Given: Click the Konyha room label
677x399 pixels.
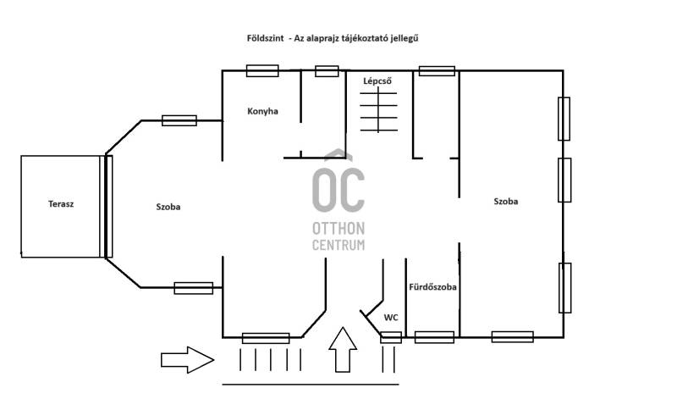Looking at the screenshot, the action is coord(262,111).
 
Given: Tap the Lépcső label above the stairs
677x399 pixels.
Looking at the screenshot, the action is coord(377,80).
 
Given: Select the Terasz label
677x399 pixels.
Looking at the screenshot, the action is coord(61,203).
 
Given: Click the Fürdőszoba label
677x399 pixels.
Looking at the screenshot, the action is coord(432,286).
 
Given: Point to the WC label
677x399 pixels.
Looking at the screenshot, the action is coord(391,318).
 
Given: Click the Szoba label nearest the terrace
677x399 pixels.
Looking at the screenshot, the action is coord(168,207).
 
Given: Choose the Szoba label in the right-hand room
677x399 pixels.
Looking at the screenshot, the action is coord(505,201).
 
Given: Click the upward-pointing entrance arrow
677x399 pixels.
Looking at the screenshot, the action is coord(343,349).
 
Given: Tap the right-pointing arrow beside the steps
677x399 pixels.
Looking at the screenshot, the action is coord(187,360).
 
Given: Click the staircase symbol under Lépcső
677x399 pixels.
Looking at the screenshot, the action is coord(378,110).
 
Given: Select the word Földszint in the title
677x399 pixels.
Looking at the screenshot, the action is coord(266,38).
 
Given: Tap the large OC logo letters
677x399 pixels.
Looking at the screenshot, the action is coord(338,190).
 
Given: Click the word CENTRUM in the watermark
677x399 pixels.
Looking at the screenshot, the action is coord(338,245).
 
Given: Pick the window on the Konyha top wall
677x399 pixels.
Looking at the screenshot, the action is coord(262,71).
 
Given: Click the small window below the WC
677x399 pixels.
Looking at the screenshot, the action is coord(391,337).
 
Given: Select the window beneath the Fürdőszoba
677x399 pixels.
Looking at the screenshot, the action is coord(434,337).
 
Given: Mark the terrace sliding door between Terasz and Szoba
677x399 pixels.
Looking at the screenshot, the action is coord(108,207).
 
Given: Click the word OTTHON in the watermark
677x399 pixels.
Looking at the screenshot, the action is coord(338,228).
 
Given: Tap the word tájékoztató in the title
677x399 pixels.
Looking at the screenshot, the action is coord(366,38).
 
